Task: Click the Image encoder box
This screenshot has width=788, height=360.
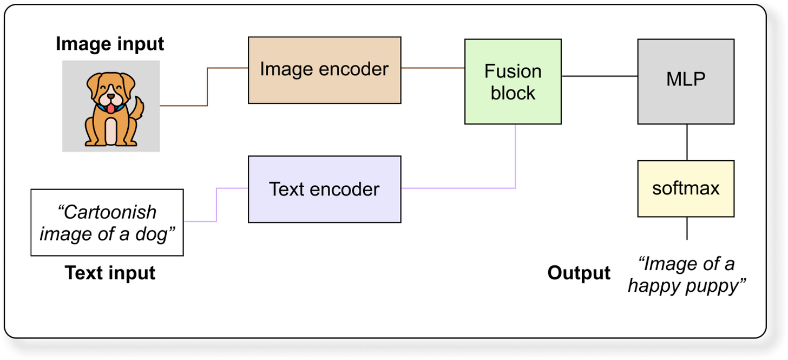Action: coord(324,70)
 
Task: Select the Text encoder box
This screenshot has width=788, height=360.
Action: coord(324,189)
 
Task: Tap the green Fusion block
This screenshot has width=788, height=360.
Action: coord(513,81)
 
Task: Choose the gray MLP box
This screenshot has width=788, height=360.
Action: coord(686,81)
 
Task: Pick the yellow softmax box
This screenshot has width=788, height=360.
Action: coord(686,188)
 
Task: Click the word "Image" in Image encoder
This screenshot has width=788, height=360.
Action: coord(284,69)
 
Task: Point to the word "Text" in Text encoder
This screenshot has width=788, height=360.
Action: coord(287,189)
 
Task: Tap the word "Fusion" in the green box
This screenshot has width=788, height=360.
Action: coord(513,71)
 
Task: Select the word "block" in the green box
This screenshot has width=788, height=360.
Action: coord(513,93)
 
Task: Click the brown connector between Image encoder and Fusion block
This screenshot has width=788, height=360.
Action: coord(432,68)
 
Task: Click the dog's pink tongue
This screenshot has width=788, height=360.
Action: coord(110,108)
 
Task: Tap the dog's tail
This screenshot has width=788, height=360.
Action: coord(138,108)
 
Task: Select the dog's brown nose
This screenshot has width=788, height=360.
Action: coord(110,97)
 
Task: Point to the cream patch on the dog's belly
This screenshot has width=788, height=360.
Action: coord(110,130)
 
